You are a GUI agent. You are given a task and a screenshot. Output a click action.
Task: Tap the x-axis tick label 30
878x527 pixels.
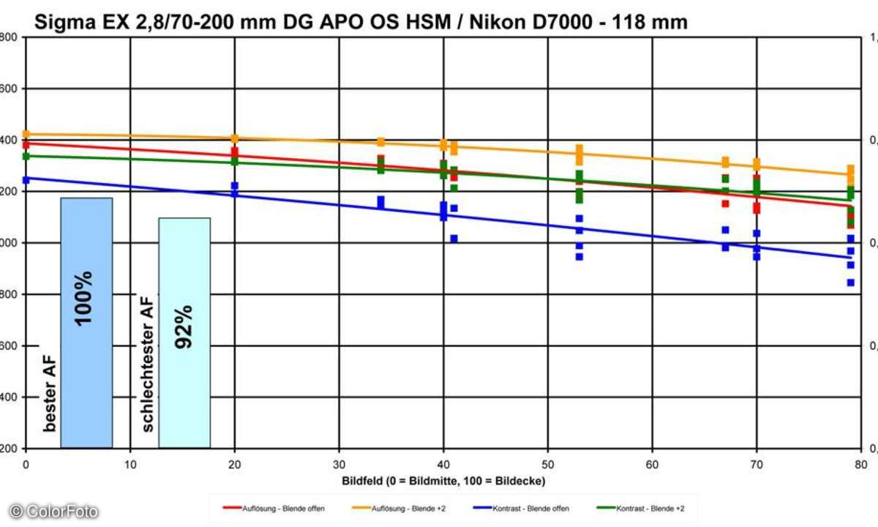(x=339, y=463)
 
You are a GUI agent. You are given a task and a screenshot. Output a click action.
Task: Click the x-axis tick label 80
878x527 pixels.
(x=860, y=463)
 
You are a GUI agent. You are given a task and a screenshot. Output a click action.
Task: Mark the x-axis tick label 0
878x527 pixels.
(x=26, y=463)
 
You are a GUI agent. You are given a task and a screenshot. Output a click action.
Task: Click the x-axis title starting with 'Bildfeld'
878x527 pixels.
(x=443, y=480)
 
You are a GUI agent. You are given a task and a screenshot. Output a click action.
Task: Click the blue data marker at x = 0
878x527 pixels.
(x=26, y=179)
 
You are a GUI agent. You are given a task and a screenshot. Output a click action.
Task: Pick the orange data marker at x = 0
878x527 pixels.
(x=26, y=134)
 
